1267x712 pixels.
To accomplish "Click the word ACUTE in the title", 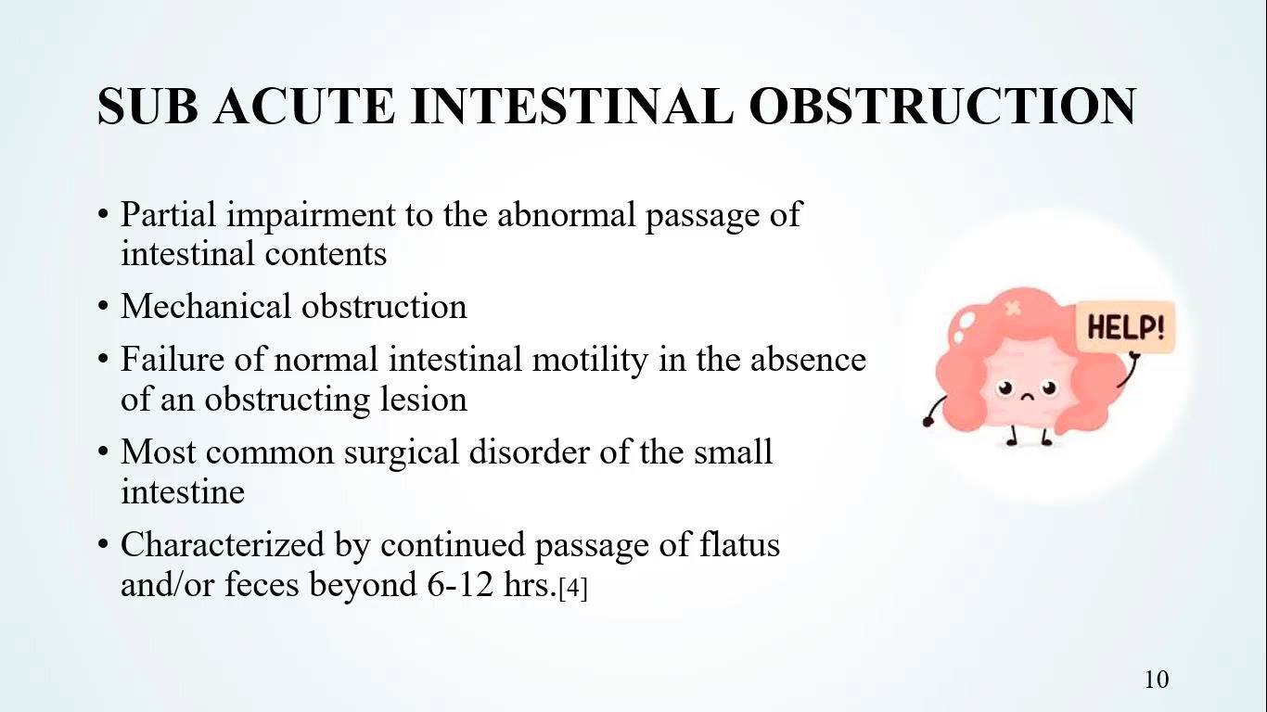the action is pyautogui.click(x=304, y=107).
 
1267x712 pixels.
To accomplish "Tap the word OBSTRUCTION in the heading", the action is pyautogui.click(x=943, y=107).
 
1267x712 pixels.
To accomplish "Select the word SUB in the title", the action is pyautogui.click(x=147, y=107).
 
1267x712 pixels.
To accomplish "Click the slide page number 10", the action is pyautogui.click(x=1157, y=680).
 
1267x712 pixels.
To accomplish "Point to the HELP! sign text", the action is pyautogui.click(x=1126, y=327).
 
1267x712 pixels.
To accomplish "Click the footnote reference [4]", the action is pyautogui.click(x=573, y=588).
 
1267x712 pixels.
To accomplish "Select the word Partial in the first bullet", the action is pyautogui.click(x=168, y=214).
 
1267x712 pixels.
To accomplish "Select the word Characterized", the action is pyautogui.click(x=223, y=544).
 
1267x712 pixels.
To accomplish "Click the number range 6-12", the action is pyautogui.click(x=460, y=584).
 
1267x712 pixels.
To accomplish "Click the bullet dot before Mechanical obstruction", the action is pyautogui.click(x=102, y=307).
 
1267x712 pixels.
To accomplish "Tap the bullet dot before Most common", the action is pyautogui.click(x=102, y=452).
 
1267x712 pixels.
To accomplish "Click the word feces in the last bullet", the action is pyautogui.click(x=262, y=584).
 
